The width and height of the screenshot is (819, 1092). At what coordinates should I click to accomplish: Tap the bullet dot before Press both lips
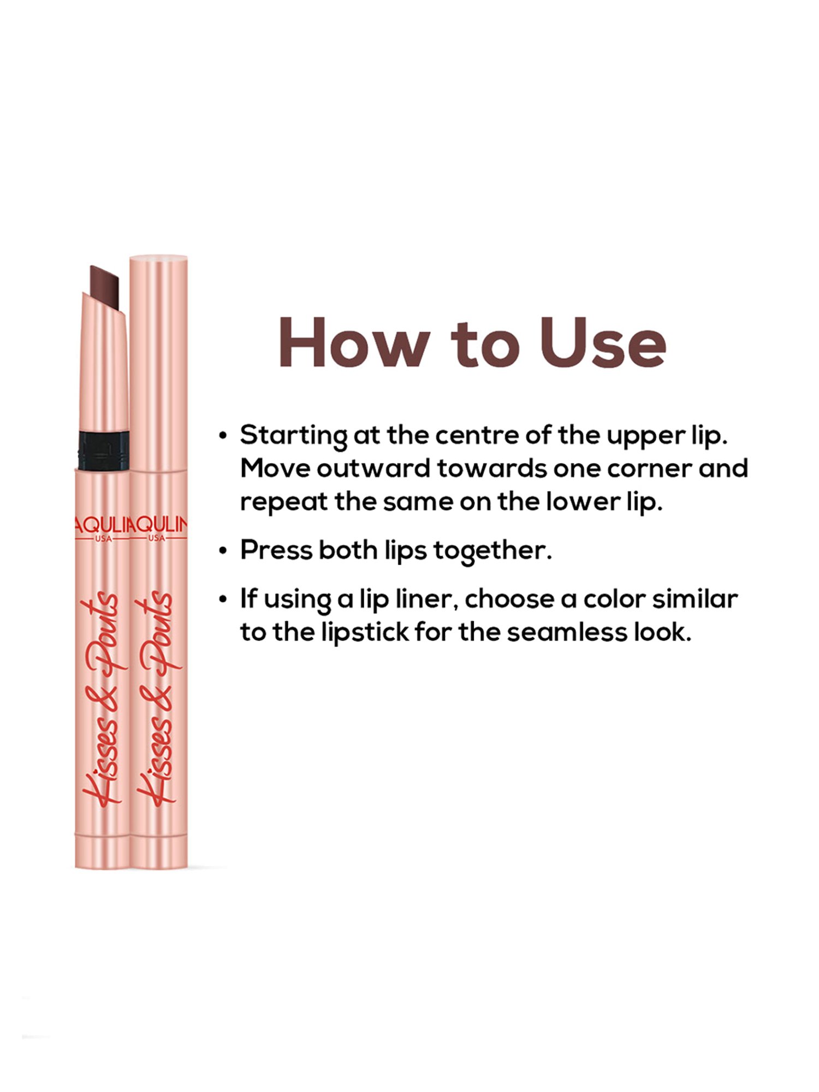point(223,551)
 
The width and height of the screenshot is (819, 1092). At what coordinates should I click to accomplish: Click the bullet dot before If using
point(223,600)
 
